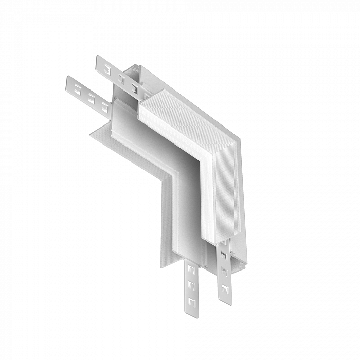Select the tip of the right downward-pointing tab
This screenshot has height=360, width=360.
pos(224,301)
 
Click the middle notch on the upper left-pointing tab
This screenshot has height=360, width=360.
pos(121,78)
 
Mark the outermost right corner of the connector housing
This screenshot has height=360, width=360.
pos(241,138)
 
